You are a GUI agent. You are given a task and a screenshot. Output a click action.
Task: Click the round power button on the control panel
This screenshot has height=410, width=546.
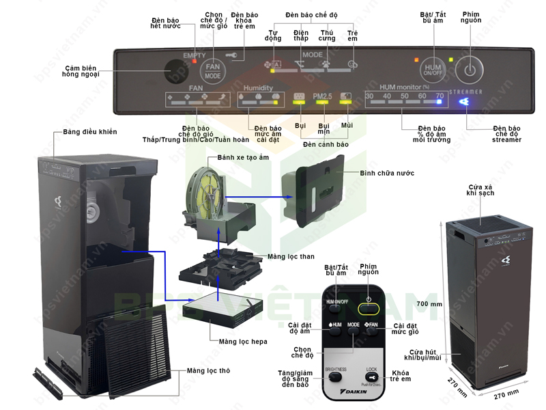[469, 69]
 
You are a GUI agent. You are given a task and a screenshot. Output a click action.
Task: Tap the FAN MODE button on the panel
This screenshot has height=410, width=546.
[212, 70]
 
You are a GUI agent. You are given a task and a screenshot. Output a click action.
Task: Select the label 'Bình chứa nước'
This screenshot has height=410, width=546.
[387, 173]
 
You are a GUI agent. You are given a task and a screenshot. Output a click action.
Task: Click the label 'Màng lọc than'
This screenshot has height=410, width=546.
[292, 257]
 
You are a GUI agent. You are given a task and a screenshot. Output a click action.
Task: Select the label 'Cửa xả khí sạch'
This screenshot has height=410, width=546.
[480, 191]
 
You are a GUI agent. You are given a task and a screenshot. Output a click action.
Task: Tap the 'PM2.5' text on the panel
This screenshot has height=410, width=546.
[322, 96]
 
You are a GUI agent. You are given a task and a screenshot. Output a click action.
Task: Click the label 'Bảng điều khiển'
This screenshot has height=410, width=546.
[90, 131]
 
